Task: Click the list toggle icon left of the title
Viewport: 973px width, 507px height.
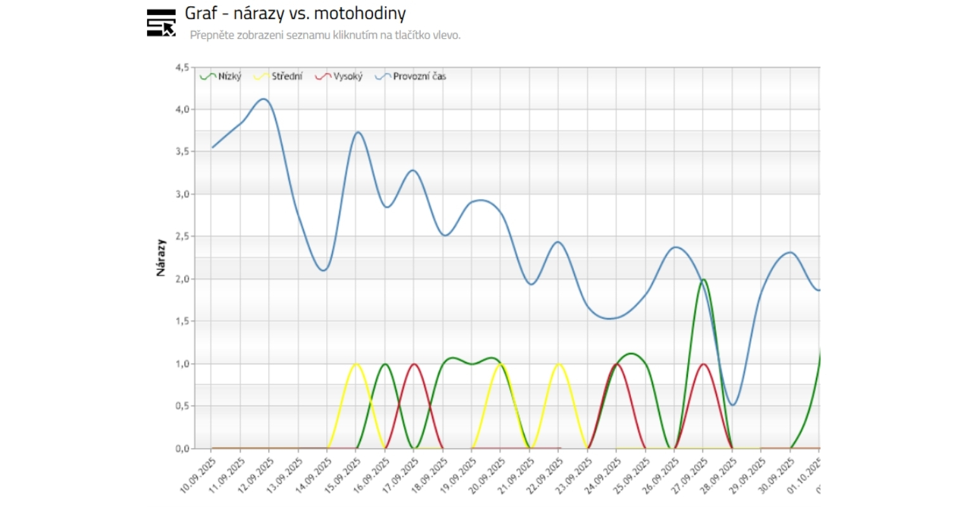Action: tap(161, 23)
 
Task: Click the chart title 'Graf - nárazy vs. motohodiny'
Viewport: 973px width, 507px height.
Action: tap(295, 13)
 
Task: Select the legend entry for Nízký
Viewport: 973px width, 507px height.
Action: tap(221, 77)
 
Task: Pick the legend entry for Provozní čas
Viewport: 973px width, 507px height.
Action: tap(411, 77)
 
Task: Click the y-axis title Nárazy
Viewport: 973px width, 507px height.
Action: tap(161, 257)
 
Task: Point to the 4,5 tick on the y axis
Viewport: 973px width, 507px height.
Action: tap(182, 67)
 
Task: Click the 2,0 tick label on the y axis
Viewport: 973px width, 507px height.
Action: tap(182, 279)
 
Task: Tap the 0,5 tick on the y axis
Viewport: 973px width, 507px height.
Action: tap(182, 406)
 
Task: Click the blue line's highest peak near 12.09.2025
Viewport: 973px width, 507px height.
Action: tap(264, 99)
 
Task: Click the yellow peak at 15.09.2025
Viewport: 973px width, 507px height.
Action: tap(356, 364)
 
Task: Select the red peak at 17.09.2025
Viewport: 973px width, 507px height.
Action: tap(414, 364)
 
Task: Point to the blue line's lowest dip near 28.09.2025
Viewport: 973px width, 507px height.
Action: tap(733, 405)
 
